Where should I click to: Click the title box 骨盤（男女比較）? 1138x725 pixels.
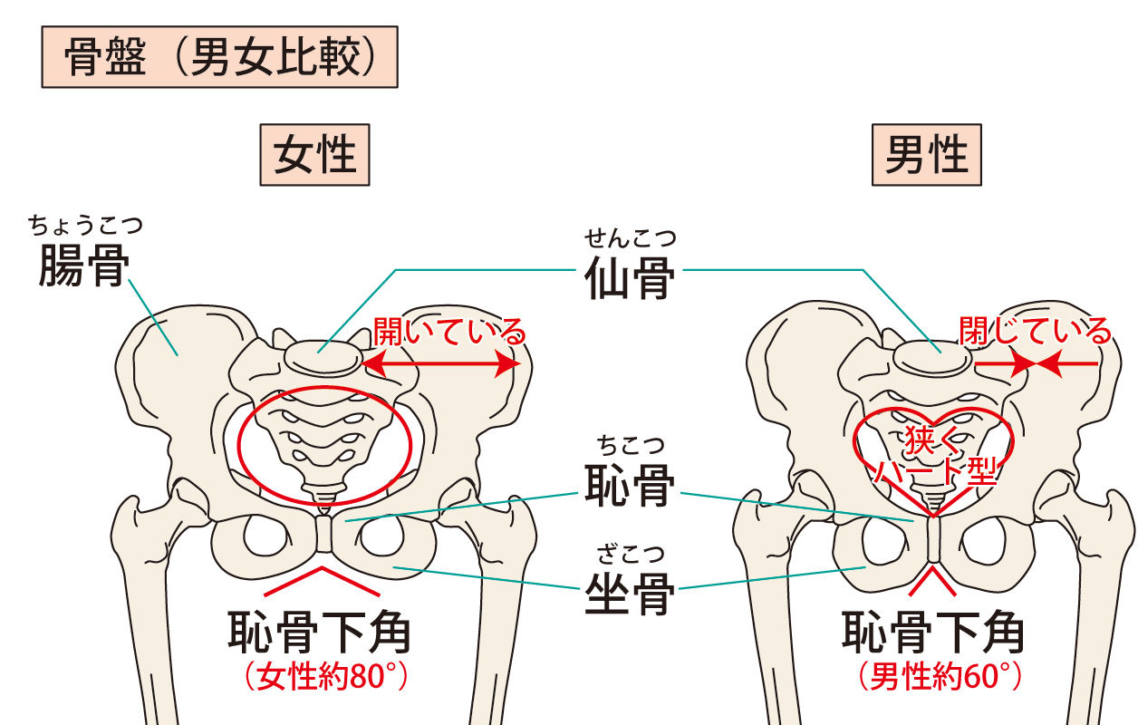pyautogui.click(x=219, y=60)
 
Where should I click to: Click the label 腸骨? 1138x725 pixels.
pyautogui.click(x=83, y=266)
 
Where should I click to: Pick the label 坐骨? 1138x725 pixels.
pyautogui.click(x=629, y=594)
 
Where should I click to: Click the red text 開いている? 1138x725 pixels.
pyautogui.click(x=448, y=332)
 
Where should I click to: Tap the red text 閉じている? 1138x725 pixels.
pyautogui.click(x=1035, y=332)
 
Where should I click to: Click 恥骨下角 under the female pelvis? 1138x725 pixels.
pyautogui.click(x=319, y=633)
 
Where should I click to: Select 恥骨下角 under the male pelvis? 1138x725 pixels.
pyautogui.click(x=933, y=633)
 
